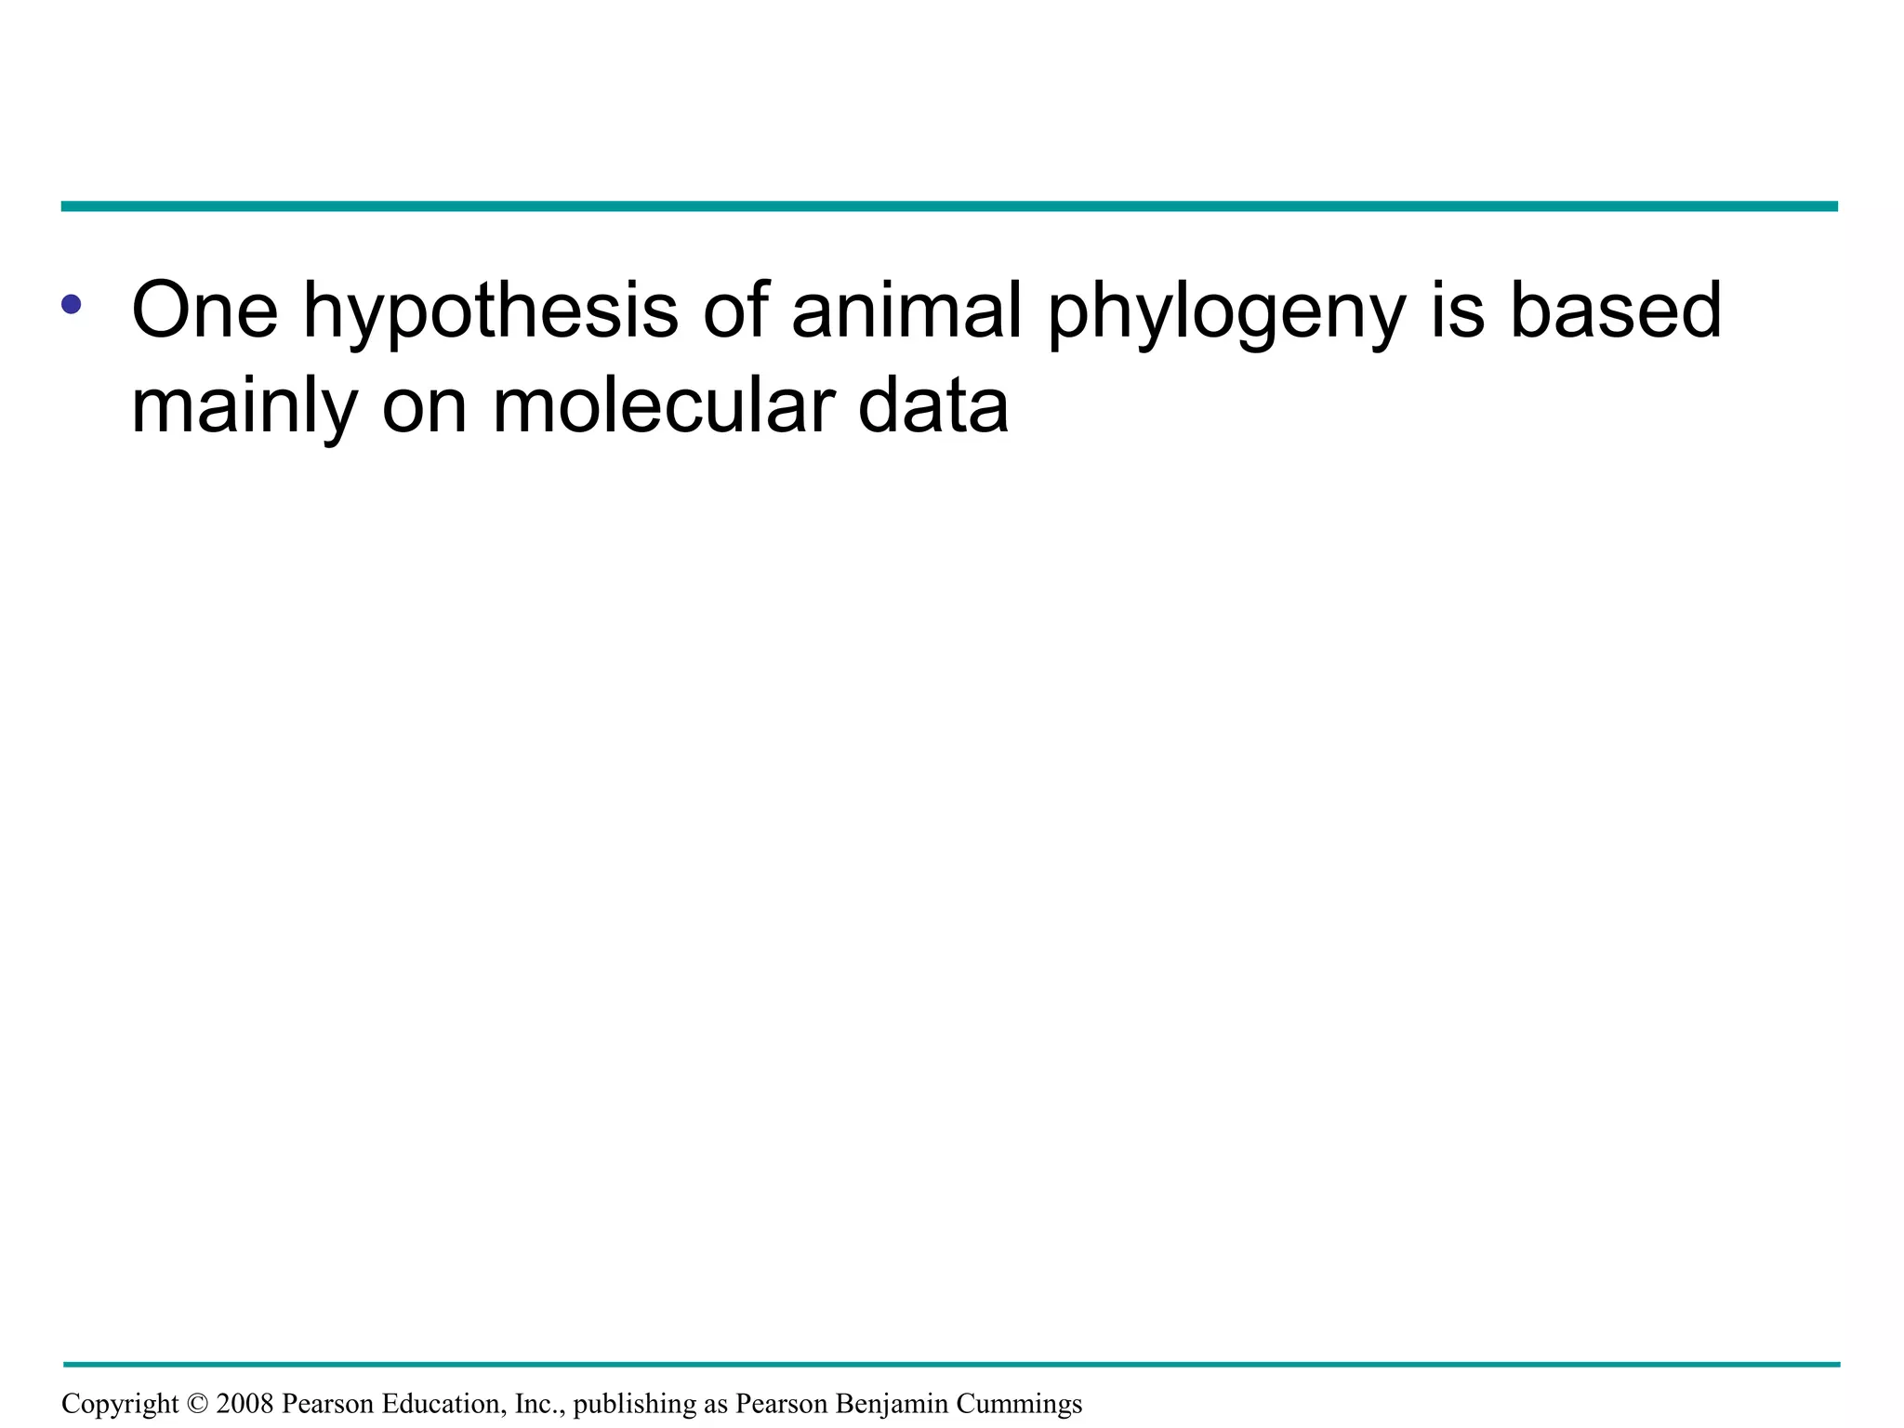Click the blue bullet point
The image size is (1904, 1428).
click(x=72, y=304)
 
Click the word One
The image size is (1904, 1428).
click(x=205, y=311)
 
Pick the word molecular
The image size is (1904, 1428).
click(x=663, y=407)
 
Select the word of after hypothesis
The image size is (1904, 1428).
click(x=734, y=311)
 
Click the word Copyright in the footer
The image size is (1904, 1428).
click(x=119, y=1404)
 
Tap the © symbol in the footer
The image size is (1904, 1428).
click(x=198, y=1404)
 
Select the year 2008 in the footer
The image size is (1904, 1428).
click(x=245, y=1404)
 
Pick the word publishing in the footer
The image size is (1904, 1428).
click(x=634, y=1404)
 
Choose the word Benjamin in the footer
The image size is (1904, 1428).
click(x=891, y=1404)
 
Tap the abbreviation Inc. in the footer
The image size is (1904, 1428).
click(x=539, y=1404)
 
